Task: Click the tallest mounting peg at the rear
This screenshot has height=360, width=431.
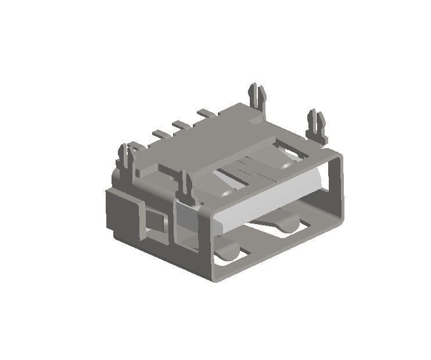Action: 256,96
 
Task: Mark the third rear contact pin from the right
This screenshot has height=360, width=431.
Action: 160,134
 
